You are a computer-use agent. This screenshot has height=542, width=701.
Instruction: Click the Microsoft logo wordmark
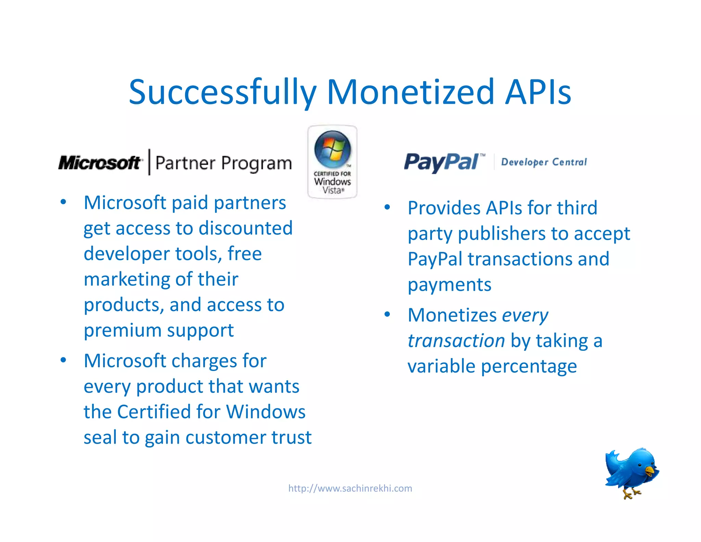[100, 163]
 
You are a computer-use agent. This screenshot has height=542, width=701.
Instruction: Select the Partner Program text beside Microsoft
[224, 163]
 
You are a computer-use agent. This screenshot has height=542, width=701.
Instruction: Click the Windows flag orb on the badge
[332, 149]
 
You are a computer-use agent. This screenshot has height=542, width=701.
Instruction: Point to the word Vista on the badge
[332, 190]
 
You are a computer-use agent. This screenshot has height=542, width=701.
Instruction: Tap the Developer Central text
[544, 162]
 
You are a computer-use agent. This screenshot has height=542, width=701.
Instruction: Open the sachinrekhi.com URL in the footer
[350, 488]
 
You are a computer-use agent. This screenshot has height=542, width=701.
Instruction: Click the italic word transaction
[456, 341]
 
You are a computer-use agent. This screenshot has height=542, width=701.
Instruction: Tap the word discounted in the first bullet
[245, 228]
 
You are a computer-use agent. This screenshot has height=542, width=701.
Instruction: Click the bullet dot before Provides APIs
[387, 207]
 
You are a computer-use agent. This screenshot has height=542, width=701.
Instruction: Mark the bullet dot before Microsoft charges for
[63, 360]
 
